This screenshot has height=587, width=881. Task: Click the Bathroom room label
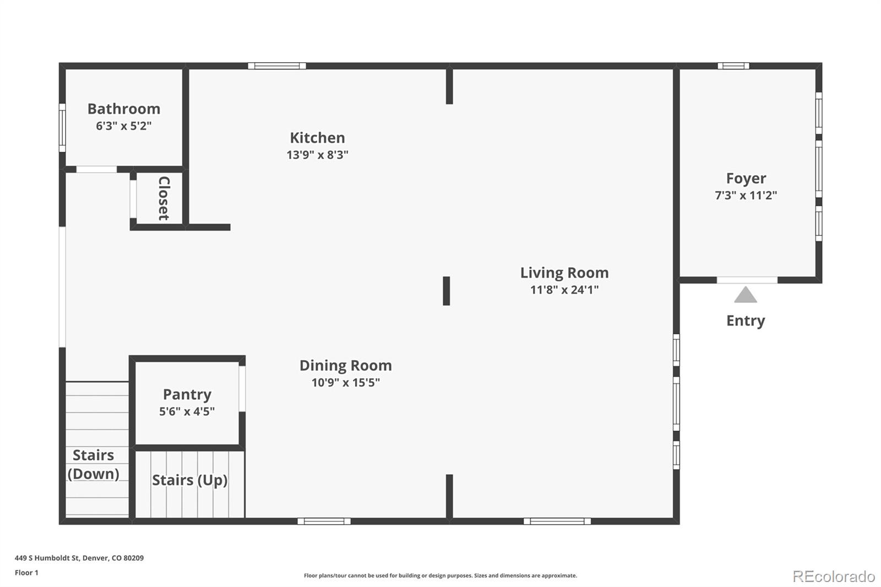tap(124, 109)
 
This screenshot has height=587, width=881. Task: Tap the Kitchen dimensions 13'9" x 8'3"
tap(317, 155)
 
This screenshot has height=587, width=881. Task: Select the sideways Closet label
tap(164, 198)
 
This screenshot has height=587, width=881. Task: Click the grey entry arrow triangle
tap(746, 296)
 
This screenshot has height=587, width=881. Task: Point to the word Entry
tap(746, 320)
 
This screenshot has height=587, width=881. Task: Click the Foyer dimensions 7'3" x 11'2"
tap(746, 195)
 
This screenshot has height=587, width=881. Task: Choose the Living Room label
tap(564, 273)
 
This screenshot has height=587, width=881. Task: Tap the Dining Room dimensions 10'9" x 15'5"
tap(346, 383)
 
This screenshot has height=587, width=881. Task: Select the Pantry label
tap(187, 394)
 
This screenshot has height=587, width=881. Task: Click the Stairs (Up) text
tap(189, 480)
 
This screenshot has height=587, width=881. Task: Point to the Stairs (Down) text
tap(94, 464)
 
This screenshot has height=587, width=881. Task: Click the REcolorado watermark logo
tap(834, 576)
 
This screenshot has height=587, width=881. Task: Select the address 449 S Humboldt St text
tap(79, 558)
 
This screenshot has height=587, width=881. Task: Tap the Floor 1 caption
tap(26, 573)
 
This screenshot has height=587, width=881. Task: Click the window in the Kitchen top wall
tap(277, 66)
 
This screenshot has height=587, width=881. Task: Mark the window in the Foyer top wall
tap(733, 66)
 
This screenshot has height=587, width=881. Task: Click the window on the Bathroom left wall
tap(62, 127)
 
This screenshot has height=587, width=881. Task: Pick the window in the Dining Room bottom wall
tap(324, 521)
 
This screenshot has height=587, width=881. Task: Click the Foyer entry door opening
tap(747, 280)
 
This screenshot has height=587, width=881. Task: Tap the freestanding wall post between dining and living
tap(447, 291)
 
